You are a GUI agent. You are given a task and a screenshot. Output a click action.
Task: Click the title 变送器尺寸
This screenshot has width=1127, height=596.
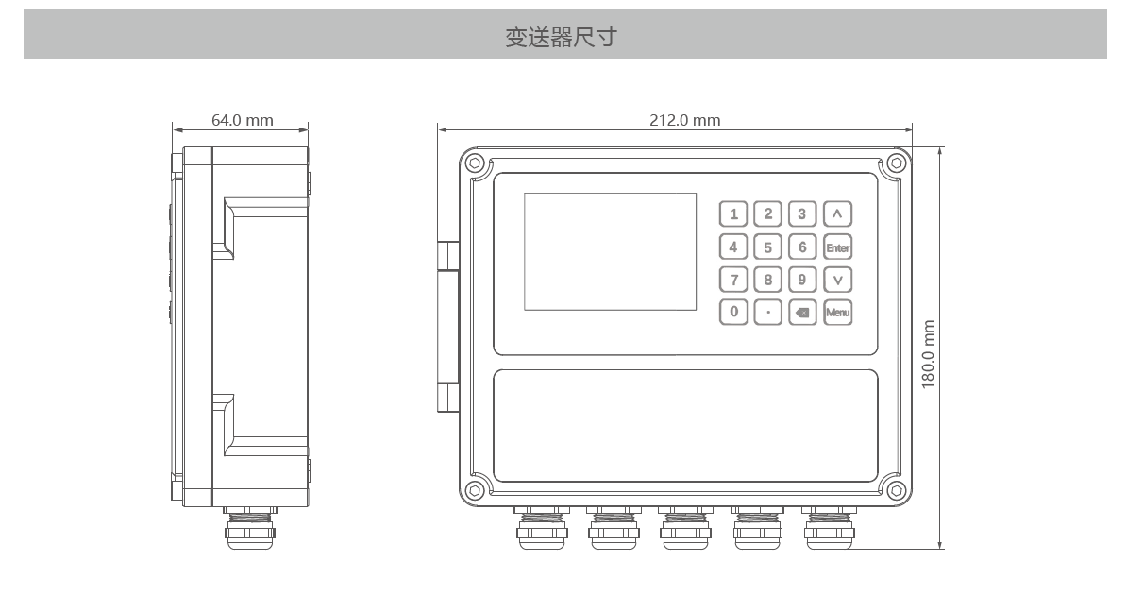(561, 37)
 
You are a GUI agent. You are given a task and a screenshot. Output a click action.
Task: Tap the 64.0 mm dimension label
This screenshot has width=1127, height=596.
(243, 120)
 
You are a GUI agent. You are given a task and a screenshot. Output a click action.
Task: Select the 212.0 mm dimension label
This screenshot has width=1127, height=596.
(685, 120)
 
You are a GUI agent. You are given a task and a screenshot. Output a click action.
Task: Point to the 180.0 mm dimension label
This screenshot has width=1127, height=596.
(928, 354)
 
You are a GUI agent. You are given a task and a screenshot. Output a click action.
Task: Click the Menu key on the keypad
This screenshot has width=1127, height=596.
(837, 312)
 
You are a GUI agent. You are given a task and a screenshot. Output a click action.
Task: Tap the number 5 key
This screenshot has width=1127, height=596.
(767, 247)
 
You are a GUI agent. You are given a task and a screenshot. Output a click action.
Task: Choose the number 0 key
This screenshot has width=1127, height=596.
(733, 312)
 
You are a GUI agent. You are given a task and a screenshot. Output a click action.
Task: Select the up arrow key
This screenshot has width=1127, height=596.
(837, 213)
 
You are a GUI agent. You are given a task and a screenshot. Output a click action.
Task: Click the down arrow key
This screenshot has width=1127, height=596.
(837, 280)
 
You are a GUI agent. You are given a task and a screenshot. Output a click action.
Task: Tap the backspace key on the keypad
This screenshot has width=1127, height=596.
(802, 312)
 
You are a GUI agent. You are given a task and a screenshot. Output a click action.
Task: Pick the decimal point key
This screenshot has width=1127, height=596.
(767, 312)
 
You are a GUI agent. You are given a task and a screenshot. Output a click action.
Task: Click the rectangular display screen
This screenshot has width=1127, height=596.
(610, 251)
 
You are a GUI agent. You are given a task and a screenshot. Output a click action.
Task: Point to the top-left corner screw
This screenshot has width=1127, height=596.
(475, 163)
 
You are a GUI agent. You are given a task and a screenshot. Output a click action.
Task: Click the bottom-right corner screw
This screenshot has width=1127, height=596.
(896, 491)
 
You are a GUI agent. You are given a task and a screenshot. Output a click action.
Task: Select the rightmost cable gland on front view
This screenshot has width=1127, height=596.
(830, 528)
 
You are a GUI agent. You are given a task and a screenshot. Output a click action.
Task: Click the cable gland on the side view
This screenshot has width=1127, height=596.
(250, 528)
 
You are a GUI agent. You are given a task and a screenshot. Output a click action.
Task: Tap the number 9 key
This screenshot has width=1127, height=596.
(802, 280)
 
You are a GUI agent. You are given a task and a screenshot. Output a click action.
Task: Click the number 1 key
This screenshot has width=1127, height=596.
(733, 213)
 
